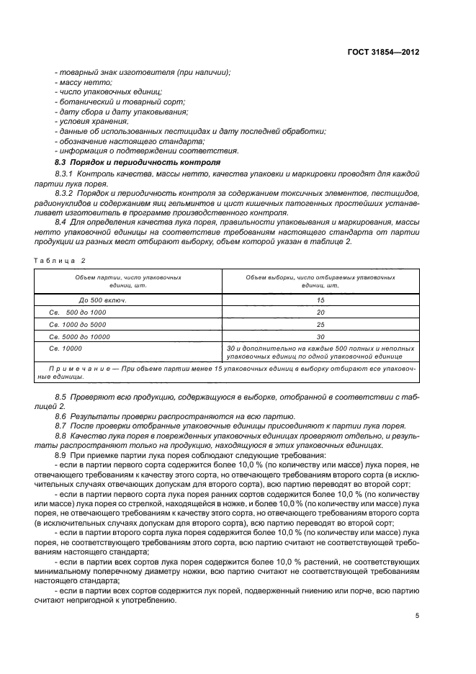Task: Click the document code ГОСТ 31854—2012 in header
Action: pyautogui.click(x=382, y=53)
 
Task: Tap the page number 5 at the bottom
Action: pyautogui.click(x=417, y=616)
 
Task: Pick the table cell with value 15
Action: pyautogui.click(x=320, y=300)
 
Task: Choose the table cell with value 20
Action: pyautogui.click(x=320, y=312)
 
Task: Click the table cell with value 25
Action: pyautogui.click(x=320, y=324)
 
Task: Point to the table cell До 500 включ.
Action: pyautogui.click(x=103, y=300)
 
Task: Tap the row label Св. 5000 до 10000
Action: pyautogui.click(x=80, y=336)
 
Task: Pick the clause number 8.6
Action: pyautogui.click(x=60, y=417)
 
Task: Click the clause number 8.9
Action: pyautogui.click(x=60, y=455)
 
